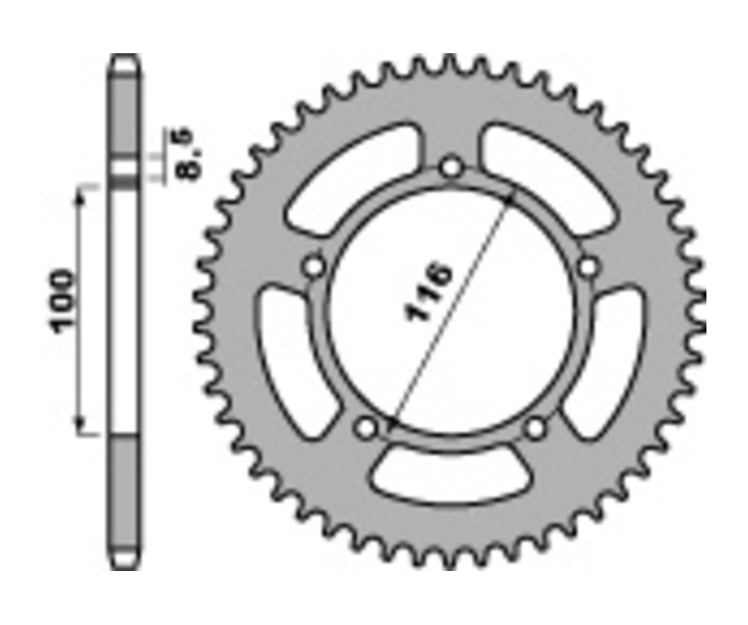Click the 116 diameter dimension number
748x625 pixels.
(430, 293)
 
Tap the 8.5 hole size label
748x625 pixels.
(187, 154)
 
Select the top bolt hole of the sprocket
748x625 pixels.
(452, 167)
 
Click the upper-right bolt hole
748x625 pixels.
(588, 267)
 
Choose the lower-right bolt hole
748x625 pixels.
(537, 429)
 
